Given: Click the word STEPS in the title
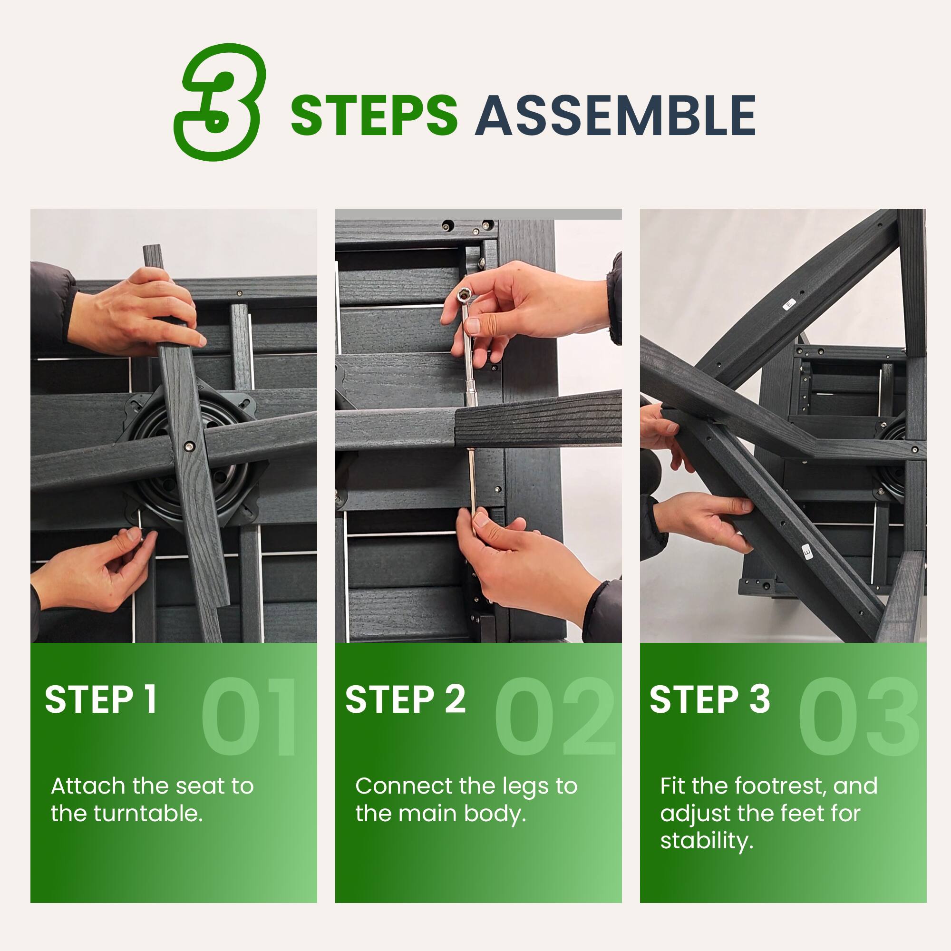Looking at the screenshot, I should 374,116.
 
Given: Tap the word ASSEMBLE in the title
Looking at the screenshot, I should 615,116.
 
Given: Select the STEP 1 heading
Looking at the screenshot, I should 101,699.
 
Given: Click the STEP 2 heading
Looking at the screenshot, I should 405,699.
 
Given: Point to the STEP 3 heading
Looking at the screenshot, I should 709,699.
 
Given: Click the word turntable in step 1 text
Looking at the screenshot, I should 148,814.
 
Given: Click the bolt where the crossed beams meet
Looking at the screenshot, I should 189,446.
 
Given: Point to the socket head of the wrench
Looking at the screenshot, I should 464,295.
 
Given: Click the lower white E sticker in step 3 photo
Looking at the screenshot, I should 807,552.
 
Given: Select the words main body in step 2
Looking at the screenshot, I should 462,814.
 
